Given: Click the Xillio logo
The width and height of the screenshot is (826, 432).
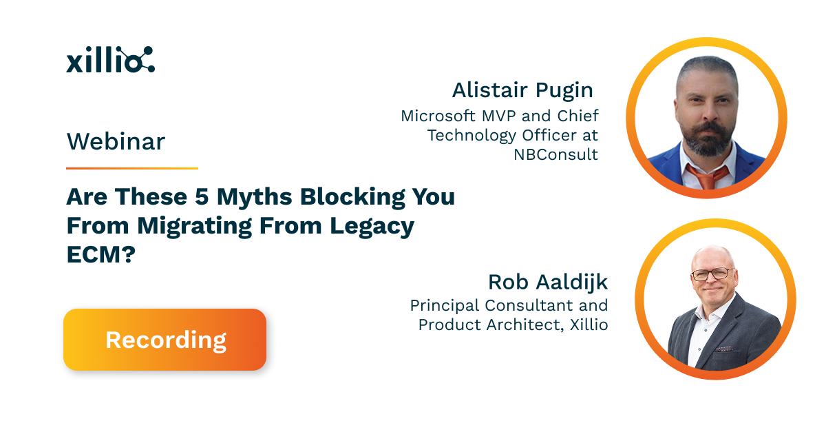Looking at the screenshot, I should coord(110,60).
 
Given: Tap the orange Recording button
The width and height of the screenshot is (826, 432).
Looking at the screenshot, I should coord(165,340).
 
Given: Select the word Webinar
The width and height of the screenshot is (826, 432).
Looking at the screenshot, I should coord(116,142).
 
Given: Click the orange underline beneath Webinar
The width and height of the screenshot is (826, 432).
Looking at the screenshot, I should coord(131,168).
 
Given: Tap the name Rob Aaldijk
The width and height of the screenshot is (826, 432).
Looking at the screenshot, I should coord(548,282).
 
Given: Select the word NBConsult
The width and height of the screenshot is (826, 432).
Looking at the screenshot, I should coord(556,154).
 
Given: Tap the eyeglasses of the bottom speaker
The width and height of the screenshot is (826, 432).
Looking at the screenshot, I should coord(712,274).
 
